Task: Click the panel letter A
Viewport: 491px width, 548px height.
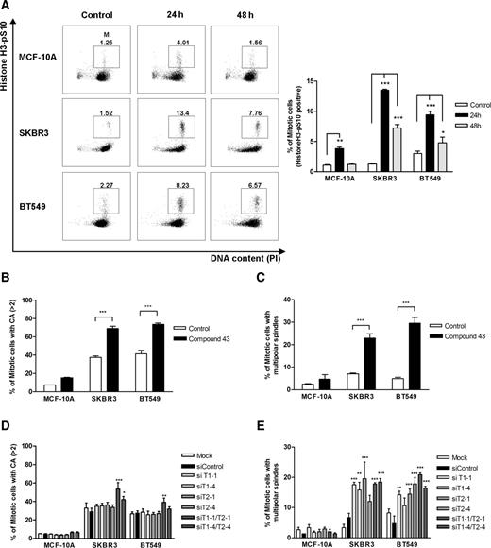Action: click(7, 7)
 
